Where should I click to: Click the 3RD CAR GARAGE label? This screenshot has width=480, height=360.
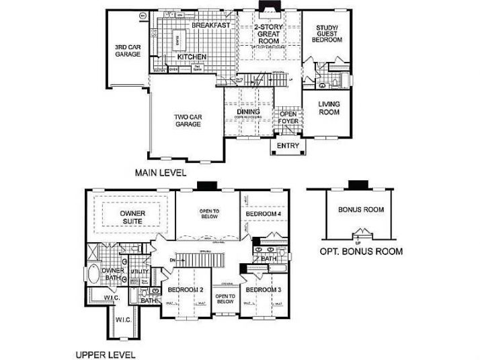click(127, 50)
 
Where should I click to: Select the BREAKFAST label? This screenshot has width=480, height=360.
click(210, 26)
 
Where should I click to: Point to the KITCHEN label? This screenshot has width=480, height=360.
click(192, 57)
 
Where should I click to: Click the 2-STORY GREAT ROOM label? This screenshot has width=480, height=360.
click(268, 34)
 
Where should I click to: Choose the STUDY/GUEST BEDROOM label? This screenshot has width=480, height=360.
click(327, 34)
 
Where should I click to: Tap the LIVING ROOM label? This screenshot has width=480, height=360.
click(329, 108)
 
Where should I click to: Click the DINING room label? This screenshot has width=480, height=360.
click(248, 112)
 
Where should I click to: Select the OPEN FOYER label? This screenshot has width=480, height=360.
click(288, 118)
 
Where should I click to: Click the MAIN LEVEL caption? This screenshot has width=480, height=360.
click(161, 172)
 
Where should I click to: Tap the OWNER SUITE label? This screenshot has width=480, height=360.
click(132, 217)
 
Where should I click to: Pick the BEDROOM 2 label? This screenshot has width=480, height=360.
click(186, 289)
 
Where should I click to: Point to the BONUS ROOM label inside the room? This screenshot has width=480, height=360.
click(361, 209)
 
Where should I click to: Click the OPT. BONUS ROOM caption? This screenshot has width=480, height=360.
click(360, 252)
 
